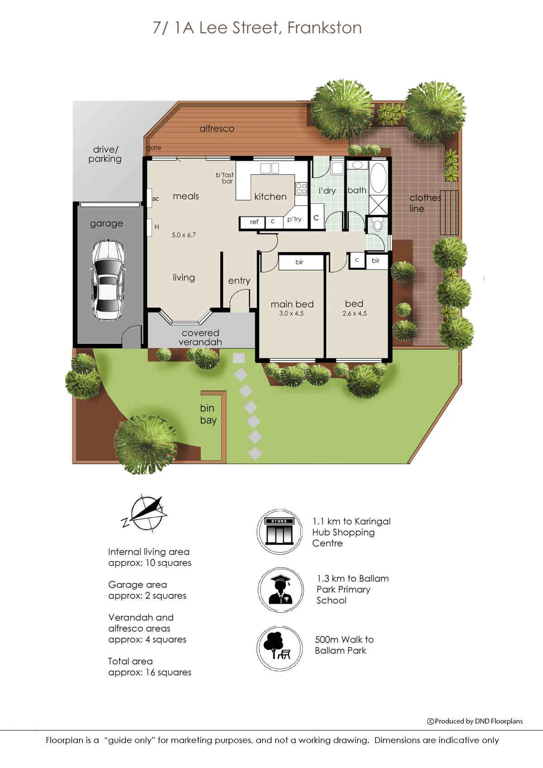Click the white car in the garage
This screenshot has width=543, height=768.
[108, 280]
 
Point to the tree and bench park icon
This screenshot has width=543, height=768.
[279, 649]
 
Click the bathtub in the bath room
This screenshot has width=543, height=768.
[378, 178]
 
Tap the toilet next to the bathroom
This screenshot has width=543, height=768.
[377, 225]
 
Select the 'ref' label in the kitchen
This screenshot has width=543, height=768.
[254, 222]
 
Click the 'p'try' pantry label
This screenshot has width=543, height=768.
[294, 219]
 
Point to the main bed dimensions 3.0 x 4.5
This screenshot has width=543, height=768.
[291, 313]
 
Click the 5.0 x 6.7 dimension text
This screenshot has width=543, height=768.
[183, 235]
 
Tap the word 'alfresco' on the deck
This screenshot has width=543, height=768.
[217, 129]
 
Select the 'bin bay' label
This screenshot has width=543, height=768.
[208, 414]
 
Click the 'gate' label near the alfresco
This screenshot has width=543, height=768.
[154, 148]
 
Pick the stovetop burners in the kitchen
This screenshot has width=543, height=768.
[301, 189]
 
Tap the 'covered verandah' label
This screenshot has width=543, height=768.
[200, 337]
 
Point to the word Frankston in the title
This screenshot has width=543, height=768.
[324, 28]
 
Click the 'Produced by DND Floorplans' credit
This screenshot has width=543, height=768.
[475, 721]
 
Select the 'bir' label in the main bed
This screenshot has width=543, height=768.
[299, 262]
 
